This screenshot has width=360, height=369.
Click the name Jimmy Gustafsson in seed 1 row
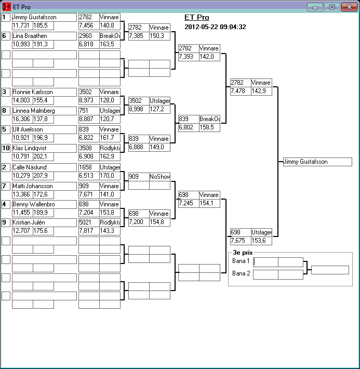(x=34, y=17)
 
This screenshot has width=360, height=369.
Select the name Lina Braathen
(x=30, y=36)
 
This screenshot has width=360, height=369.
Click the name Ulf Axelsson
(x=28, y=129)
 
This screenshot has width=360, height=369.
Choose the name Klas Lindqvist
(x=30, y=148)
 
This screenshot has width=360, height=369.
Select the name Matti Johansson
(x=32, y=186)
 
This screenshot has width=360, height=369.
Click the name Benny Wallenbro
(x=33, y=205)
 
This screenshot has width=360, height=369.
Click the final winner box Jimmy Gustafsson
(x=317, y=162)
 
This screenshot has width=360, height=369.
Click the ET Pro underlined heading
(x=197, y=18)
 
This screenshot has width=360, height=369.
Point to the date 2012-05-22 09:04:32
(x=215, y=27)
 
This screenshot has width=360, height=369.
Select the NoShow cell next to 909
(x=159, y=177)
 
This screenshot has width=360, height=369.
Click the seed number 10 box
(x=6, y=148)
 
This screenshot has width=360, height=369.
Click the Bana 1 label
(x=241, y=261)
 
